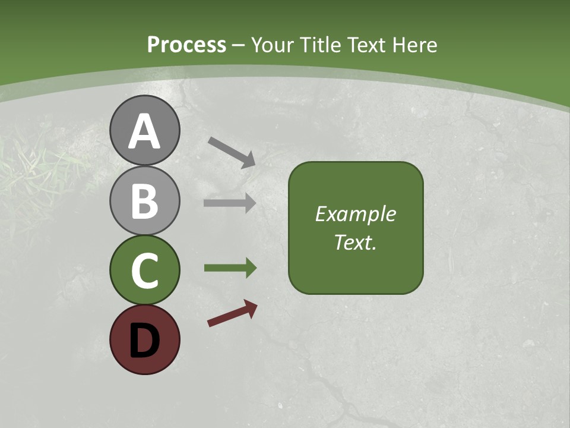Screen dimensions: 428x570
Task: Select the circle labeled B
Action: click(144, 201)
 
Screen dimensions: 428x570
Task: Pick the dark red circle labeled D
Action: click(144, 339)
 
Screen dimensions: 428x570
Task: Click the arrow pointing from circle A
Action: click(232, 152)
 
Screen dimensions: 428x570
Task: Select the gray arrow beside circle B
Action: click(230, 203)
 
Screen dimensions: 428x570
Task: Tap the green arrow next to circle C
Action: click(230, 268)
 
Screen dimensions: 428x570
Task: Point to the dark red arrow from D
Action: click(233, 314)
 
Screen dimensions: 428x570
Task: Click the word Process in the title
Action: click(186, 45)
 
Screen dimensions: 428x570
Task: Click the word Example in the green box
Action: click(355, 214)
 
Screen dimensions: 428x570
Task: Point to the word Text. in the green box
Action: click(355, 243)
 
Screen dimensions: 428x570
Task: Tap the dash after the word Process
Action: click(238, 46)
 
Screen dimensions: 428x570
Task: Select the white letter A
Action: click(144, 132)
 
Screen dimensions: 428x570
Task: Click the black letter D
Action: click(144, 339)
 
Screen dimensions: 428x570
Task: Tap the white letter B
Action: click(144, 201)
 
